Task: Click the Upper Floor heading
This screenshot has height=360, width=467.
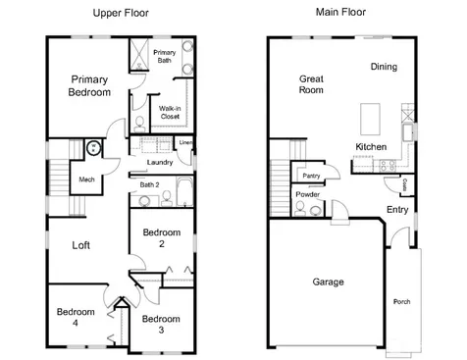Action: click(121, 13)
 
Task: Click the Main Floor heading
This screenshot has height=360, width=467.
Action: click(340, 12)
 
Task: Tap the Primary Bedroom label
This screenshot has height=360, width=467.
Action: click(89, 85)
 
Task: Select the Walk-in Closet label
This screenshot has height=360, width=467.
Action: click(170, 112)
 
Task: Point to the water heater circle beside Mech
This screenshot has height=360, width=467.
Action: click(94, 148)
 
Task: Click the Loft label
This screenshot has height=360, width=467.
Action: click(80, 245)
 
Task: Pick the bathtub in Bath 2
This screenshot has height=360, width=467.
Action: click(184, 191)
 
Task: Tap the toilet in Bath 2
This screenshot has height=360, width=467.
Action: click(167, 198)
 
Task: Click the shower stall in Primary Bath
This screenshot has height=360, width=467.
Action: click(139, 55)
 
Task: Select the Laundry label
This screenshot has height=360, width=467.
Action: click(160, 162)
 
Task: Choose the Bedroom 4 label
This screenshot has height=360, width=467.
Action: click(76, 317)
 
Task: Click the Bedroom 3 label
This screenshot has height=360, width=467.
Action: click(161, 324)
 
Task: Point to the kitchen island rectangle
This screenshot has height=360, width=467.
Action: click(370, 119)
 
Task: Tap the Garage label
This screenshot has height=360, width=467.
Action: click(328, 282)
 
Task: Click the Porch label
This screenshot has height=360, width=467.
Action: click(401, 301)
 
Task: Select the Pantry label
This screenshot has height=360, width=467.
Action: click(311, 176)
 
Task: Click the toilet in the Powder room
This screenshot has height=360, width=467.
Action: click(300, 209)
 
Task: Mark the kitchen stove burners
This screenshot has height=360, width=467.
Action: click(388, 166)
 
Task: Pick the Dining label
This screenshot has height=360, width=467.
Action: click(384, 67)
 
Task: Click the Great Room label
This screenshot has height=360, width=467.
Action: click(311, 84)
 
